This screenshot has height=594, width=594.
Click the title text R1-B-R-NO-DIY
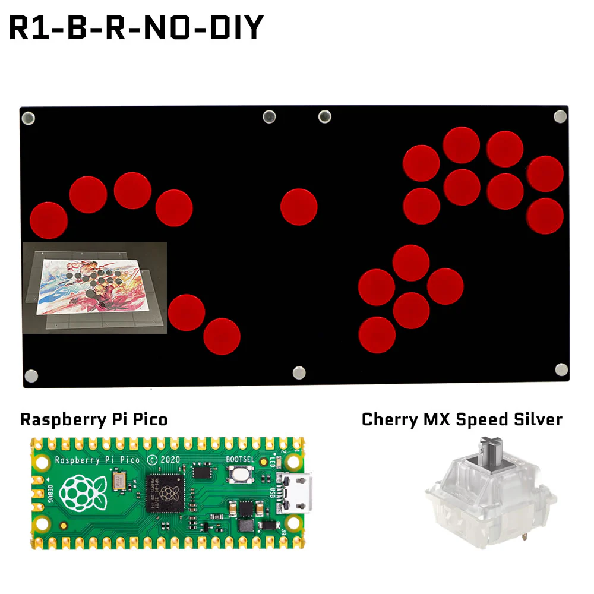136,27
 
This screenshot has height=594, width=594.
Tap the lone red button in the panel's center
299,207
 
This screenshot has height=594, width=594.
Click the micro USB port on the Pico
296,492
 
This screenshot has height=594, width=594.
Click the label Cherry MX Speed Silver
462,419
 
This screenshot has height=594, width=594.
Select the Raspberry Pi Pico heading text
94,419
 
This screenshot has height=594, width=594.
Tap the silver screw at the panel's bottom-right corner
561,369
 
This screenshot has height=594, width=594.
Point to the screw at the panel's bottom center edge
299,372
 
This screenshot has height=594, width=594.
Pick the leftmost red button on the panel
49,220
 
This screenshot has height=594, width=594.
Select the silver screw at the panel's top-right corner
560,116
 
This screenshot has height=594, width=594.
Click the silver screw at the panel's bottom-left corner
31,375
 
